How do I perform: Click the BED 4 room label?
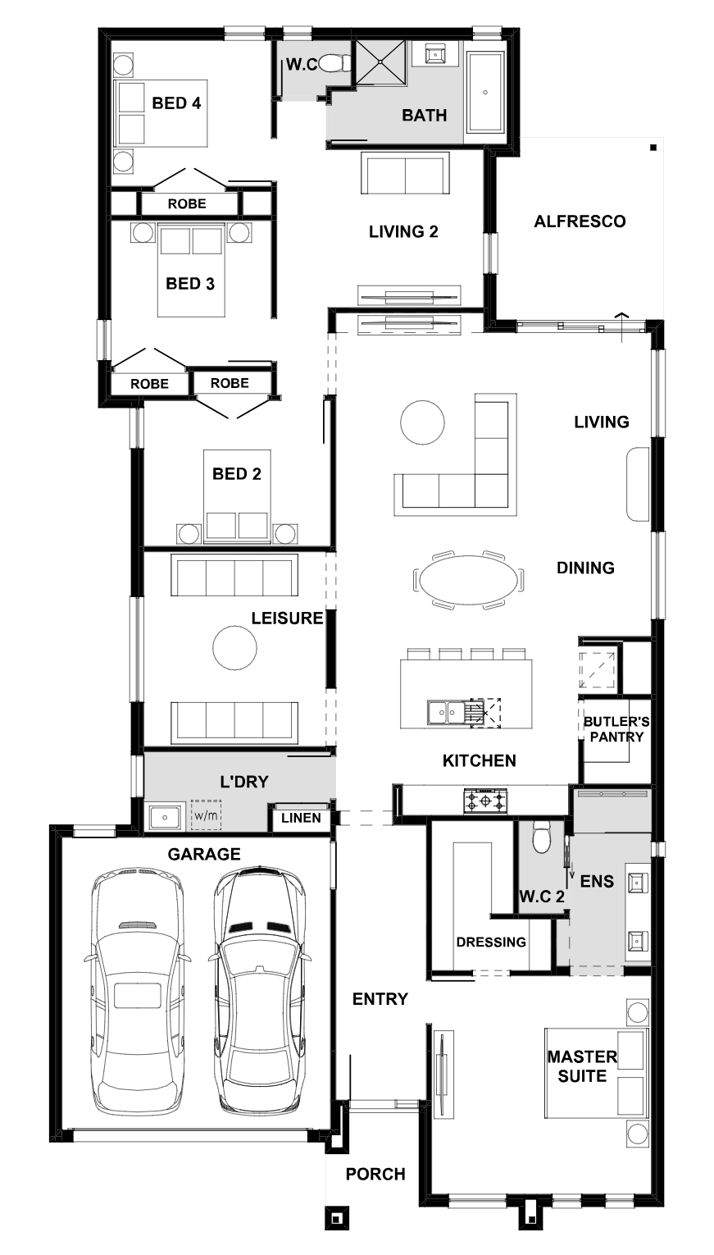tap(176, 103)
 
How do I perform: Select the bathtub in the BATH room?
tap(485, 93)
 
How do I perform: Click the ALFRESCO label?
tap(580, 221)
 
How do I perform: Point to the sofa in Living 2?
tap(405, 173)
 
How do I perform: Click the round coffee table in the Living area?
tap(422, 422)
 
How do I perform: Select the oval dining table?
tap(469, 580)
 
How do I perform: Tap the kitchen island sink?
tap(449, 713)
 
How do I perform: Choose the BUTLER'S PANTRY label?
tap(616, 729)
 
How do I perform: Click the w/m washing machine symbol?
tap(206, 815)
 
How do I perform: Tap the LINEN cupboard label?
tap(302, 818)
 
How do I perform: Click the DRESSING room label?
tap(491, 942)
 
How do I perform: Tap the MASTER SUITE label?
tap(582, 1066)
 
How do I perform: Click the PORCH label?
tap(375, 1174)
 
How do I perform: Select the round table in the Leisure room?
tap(234, 648)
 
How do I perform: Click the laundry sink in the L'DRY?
tap(165, 818)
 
